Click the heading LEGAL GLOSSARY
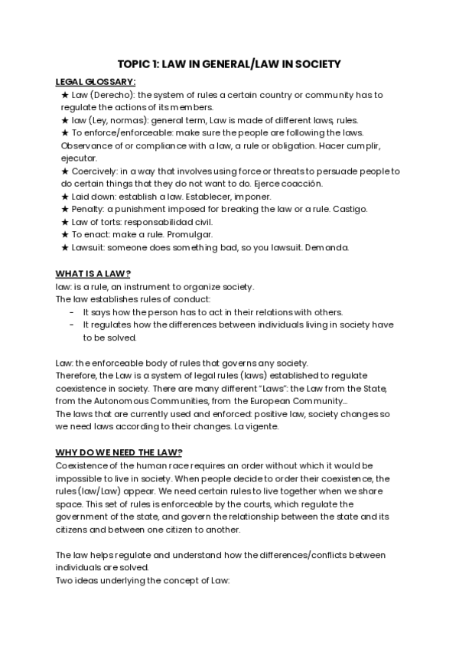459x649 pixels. click(96, 82)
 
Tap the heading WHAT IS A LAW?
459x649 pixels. click(93, 273)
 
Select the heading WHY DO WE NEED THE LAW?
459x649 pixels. click(113, 452)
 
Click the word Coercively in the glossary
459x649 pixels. click(96, 171)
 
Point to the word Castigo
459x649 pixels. click(351, 209)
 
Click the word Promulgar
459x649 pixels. click(190, 234)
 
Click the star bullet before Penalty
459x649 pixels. click(64, 209)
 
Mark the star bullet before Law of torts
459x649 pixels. click(64, 222)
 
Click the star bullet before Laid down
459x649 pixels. click(64, 197)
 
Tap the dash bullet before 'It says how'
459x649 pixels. click(71, 311)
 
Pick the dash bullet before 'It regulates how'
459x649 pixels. click(71, 324)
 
